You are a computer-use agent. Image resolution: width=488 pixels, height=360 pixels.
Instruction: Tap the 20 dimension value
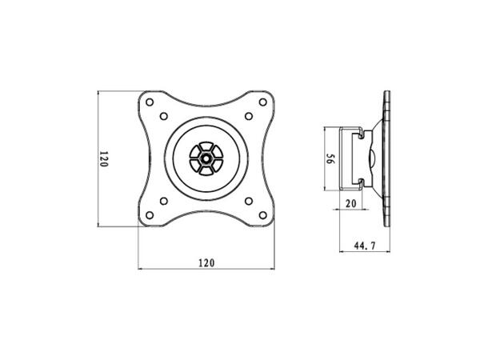pyautogui.click(x=350, y=205)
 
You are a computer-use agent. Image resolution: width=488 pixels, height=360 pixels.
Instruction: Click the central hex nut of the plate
pyautogui.click(x=206, y=158)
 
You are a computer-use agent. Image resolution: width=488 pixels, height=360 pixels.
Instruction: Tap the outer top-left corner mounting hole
pyautogui.click(x=150, y=103)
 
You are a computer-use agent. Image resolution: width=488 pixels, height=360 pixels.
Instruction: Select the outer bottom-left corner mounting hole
pyautogui.click(x=150, y=214)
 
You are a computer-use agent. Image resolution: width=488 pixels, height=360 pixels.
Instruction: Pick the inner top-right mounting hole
pyautogui.click(x=248, y=117)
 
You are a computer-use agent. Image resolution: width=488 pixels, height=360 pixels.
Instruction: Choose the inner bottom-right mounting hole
pyautogui.click(x=248, y=201)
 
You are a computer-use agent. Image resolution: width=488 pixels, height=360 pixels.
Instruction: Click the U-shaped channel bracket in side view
pyautogui.click(x=349, y=158)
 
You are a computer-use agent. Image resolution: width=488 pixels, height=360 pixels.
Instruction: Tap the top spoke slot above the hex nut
pyautogui.click(x=206, y=146)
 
